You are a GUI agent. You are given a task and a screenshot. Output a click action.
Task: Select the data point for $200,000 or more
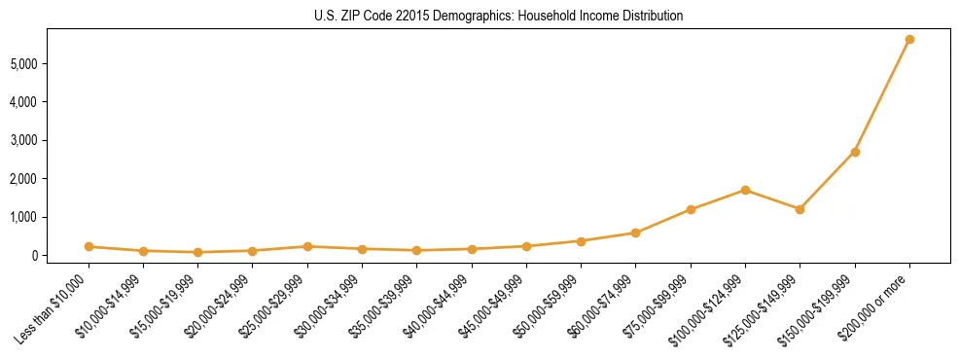click(909, 40)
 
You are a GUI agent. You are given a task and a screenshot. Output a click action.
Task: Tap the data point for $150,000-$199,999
click(855, 152)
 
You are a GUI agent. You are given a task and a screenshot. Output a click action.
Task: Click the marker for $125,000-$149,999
click(800, 209)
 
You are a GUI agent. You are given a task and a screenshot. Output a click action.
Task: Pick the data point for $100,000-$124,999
click(745, 190)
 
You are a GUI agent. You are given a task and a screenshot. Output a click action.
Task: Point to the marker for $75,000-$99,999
click(691, 209)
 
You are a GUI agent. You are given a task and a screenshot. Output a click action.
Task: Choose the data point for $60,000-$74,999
click(635, 233)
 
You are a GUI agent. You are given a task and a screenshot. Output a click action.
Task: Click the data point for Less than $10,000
click(89, 247)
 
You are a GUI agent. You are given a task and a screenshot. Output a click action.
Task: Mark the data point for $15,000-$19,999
click(197, 252)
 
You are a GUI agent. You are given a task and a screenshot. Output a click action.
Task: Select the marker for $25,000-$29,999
click(307, 246)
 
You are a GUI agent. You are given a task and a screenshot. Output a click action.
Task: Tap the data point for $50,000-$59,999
click(581, 241)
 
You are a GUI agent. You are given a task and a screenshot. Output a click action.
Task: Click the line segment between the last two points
click(882, 95)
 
